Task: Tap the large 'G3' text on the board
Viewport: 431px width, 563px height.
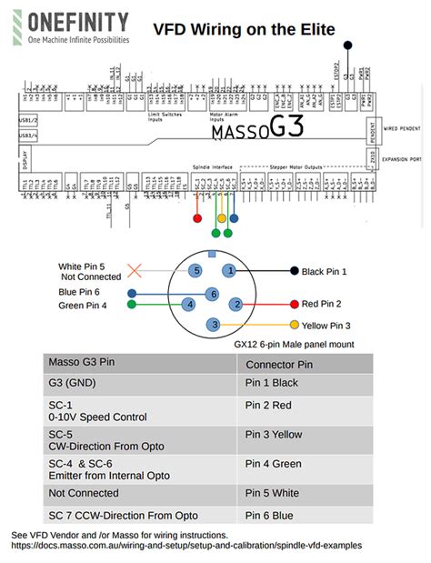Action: click(285, 128)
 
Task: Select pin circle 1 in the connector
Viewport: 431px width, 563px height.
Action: click(231, 271)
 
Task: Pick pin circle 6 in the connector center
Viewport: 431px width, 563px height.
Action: click(213, 294)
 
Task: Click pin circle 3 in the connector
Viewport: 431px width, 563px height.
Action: click(213, 325)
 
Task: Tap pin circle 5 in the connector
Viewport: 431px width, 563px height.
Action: click(195, 271)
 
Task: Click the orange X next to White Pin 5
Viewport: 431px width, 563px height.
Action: click(135, 270)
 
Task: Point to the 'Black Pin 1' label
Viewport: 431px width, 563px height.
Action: click(325, 271)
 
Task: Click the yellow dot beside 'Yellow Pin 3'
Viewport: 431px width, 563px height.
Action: click(294, 325)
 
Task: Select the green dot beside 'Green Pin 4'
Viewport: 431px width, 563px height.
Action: click(132, 305)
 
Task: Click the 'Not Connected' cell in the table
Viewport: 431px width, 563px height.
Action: click(84, 493)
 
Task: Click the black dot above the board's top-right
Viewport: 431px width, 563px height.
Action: click(346, 44)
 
